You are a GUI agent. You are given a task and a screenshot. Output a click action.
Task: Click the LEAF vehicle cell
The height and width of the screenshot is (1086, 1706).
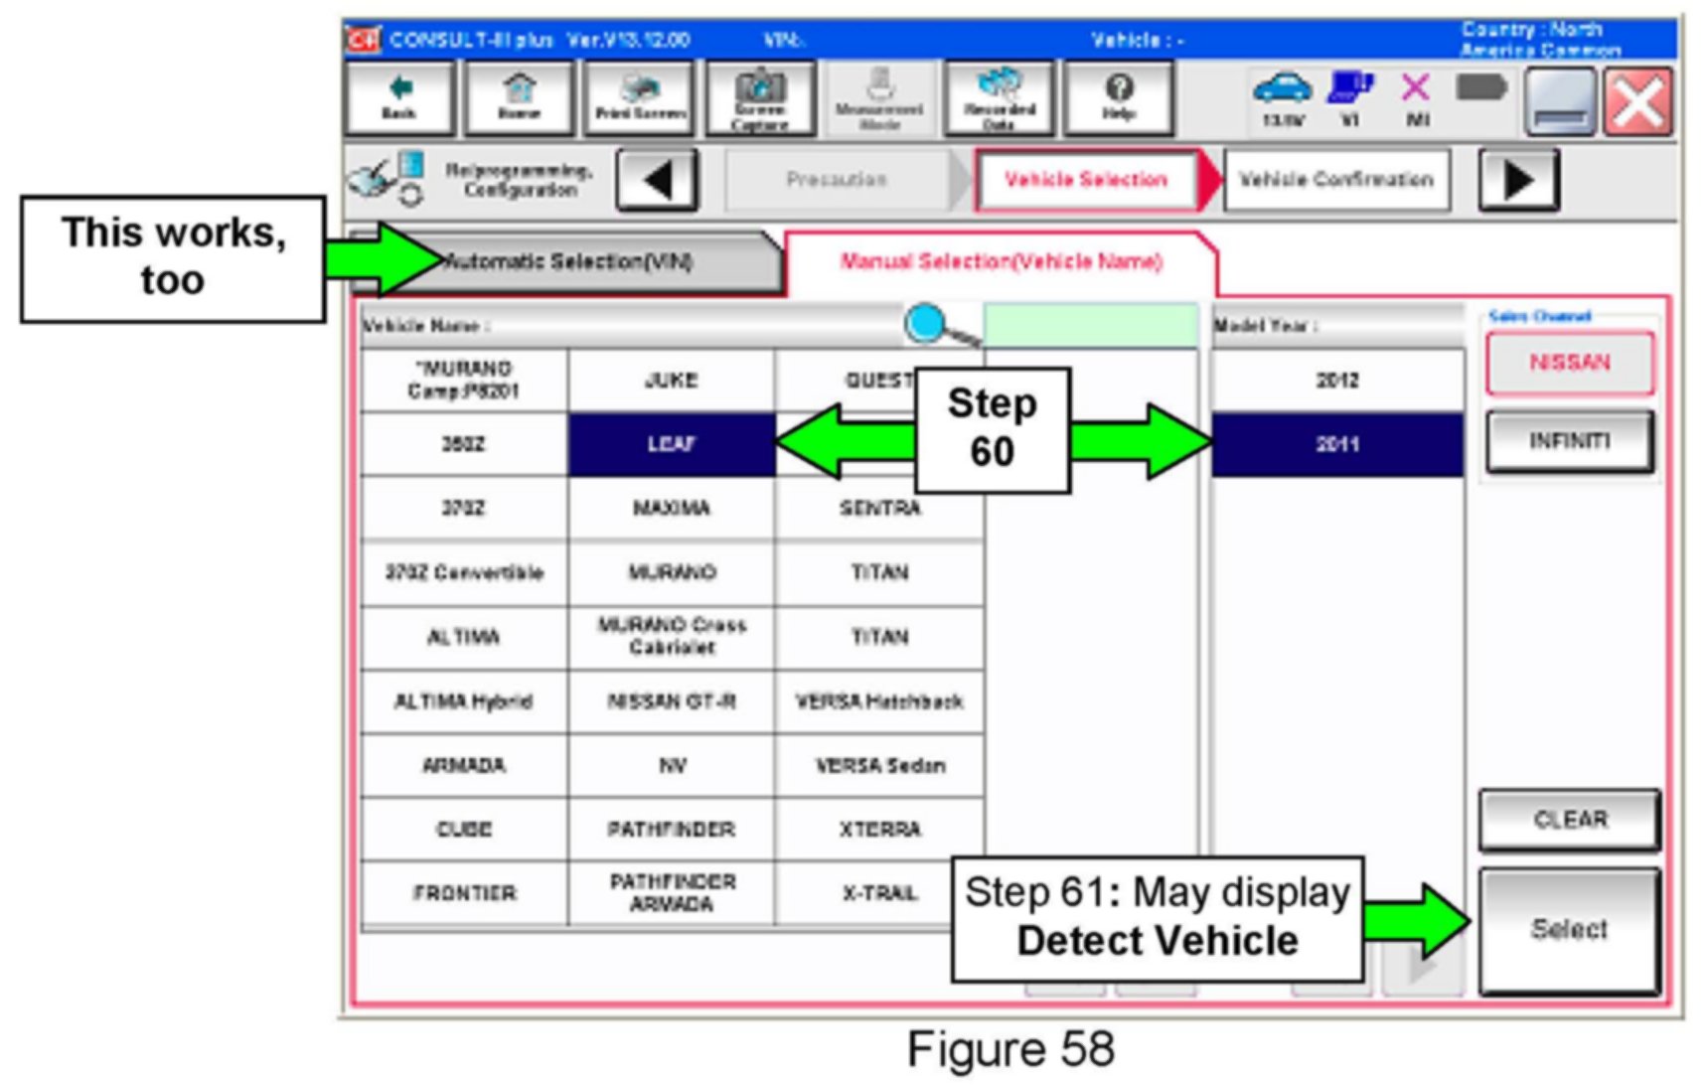[x=671, y=444]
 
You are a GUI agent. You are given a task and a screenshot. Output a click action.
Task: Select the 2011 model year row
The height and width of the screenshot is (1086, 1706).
[x=1336, y=444]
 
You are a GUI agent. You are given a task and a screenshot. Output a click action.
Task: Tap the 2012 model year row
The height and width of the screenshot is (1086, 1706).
[x=1336, y=381]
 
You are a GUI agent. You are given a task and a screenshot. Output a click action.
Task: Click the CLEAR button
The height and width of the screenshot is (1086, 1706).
[x=1569, y=820]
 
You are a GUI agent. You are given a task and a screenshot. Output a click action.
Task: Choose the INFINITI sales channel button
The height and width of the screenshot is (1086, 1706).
[x=1569, y=440]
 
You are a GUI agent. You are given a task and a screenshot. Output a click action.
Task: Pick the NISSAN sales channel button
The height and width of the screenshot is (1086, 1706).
[x=1569, y=363]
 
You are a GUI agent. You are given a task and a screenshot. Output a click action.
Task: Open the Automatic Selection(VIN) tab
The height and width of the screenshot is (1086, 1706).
[x=576, y=262]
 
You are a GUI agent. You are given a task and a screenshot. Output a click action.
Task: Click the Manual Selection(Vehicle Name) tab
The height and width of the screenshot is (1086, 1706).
[x=1001, y=262]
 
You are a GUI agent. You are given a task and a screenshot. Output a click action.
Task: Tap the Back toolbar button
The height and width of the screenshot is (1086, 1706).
[x=399, y=97]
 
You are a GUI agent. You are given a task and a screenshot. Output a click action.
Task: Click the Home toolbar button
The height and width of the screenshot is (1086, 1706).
[x=519, y=97]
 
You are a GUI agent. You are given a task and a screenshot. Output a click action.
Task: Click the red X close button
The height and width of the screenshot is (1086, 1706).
[x=1638, y=101]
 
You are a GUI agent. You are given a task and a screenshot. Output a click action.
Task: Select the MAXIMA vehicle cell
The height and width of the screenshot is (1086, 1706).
[x=671, y=509]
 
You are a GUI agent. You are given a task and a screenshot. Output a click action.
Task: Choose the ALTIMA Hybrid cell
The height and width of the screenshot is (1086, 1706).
[x=463, y=701]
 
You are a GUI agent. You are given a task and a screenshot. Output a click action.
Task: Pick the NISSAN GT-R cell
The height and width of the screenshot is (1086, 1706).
[x=671, y=701]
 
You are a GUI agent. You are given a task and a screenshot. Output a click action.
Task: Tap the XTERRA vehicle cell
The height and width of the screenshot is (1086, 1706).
[x=879, y=830]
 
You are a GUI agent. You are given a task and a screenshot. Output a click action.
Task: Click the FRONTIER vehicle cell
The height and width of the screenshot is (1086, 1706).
[x=463, y=893]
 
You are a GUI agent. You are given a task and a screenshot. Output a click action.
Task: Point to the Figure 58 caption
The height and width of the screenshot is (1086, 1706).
[x=1010, y=1050]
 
